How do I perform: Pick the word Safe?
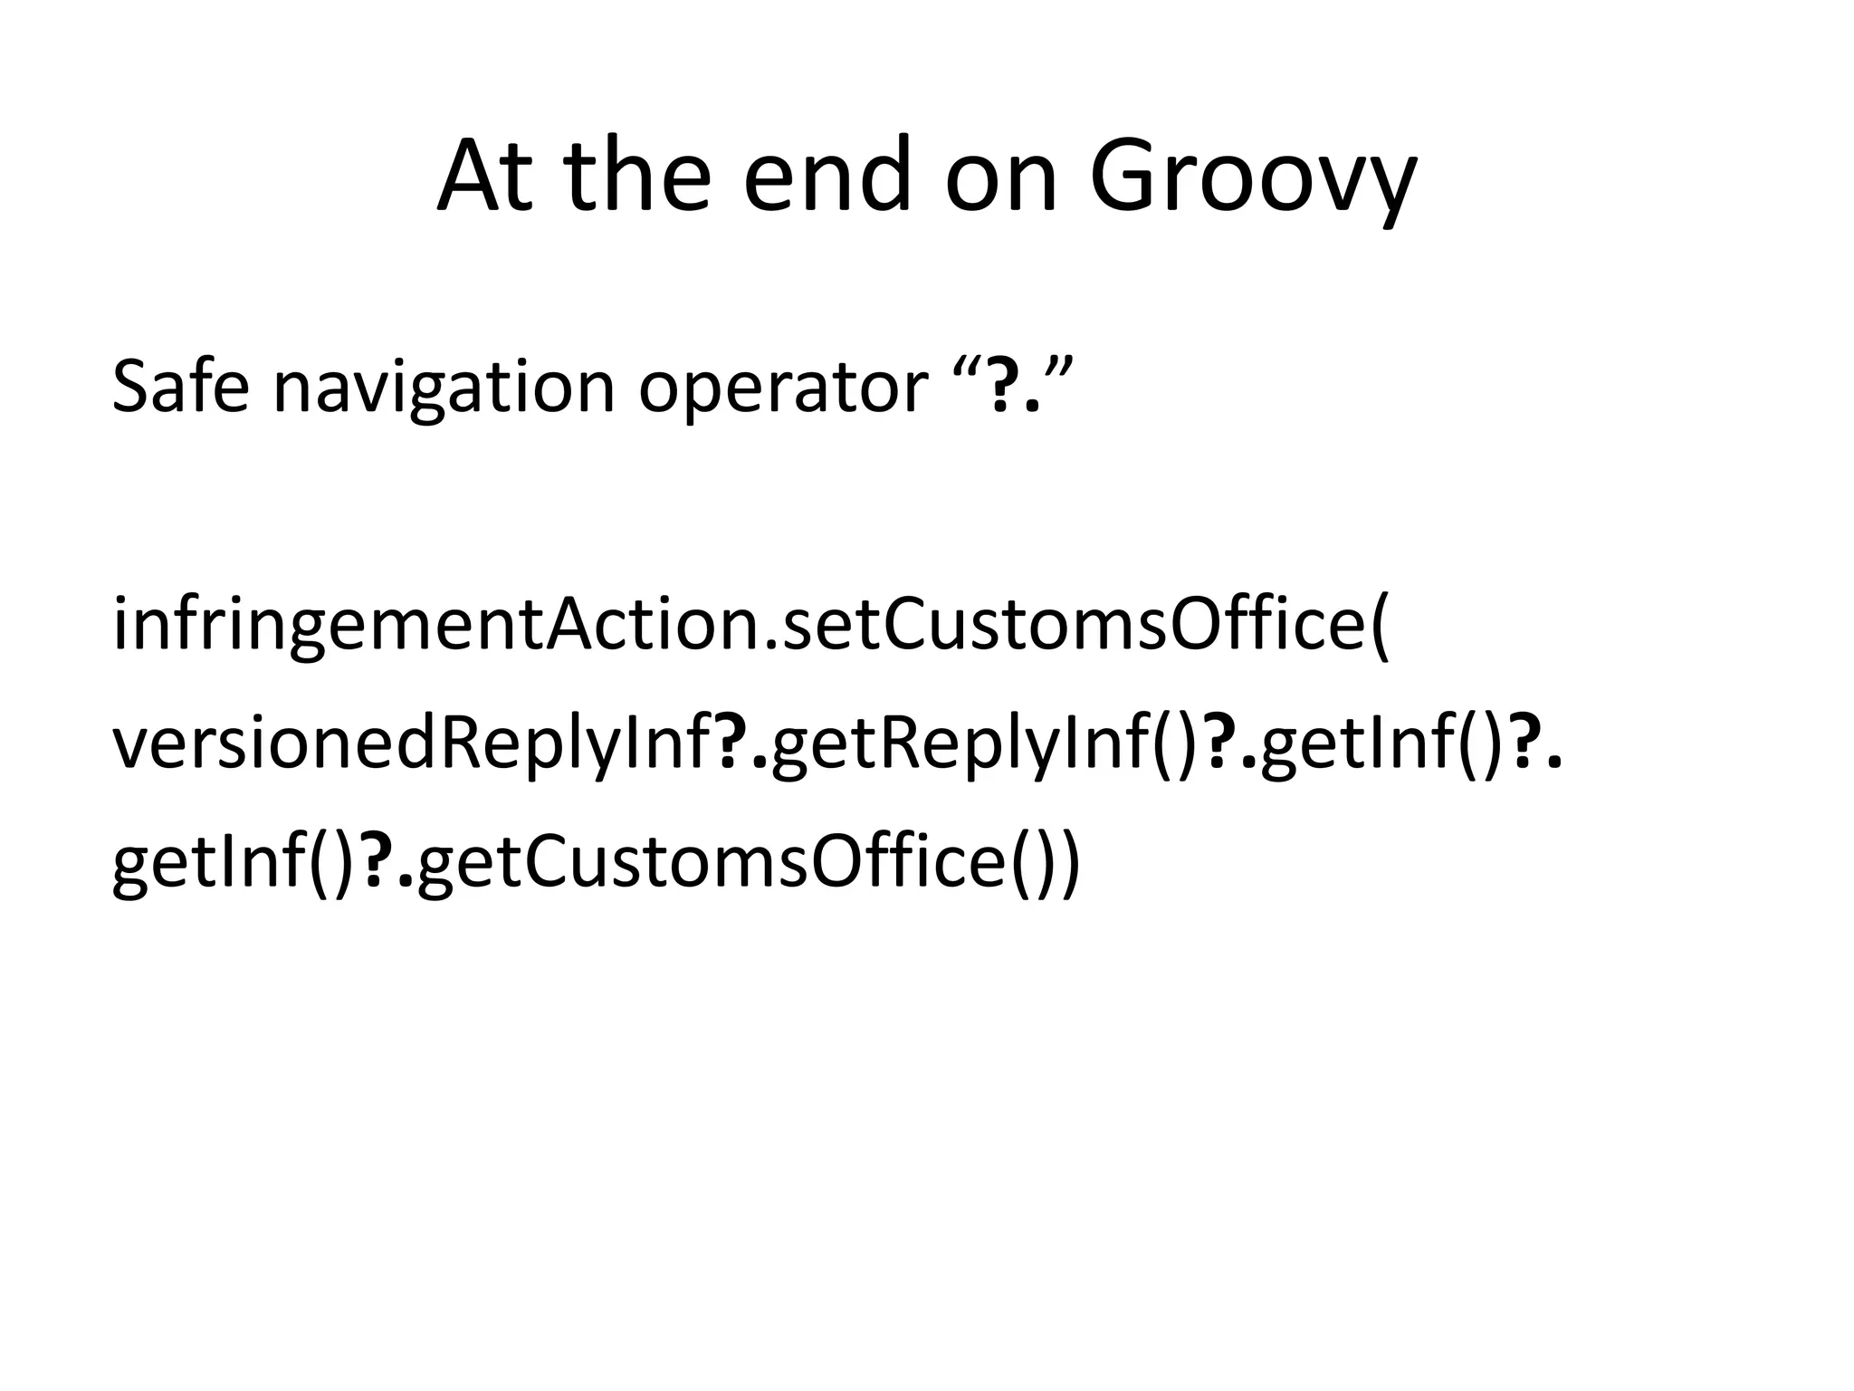179,387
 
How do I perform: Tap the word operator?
783,387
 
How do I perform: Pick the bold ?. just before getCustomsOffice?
389,862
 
